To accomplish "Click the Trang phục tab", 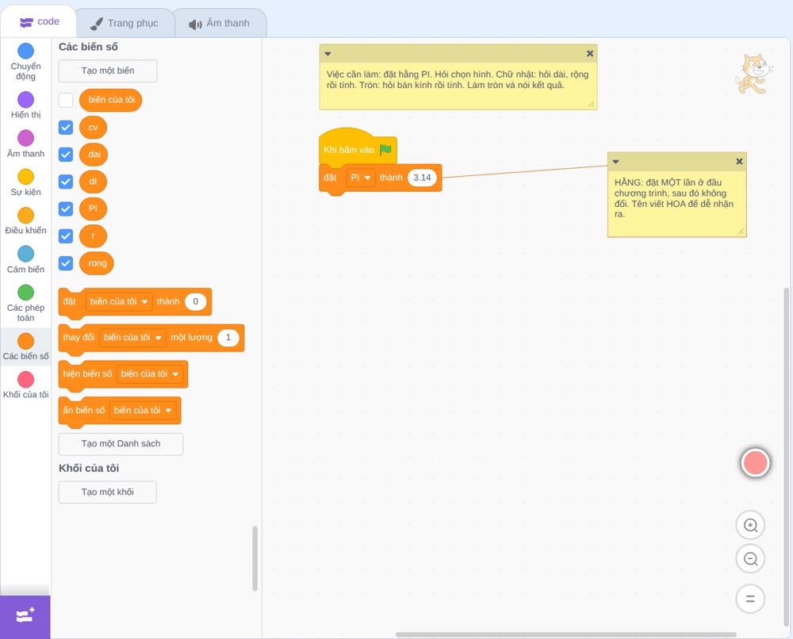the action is point(125,23).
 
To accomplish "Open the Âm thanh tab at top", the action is point(220,23).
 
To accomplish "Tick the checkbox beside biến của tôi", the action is point(66,100).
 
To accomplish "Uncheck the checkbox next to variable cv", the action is point(66,127).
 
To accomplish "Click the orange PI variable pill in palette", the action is point(93,209).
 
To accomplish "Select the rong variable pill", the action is point(97,263).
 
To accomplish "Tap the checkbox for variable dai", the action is point(66,154).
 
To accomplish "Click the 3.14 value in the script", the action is point(422,178).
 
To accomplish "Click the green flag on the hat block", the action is point(386,150).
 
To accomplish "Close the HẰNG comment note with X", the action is point(739,161).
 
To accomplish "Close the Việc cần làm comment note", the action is point(590,53).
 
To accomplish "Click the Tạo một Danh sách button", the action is point(121,444).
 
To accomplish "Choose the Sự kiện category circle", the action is point(26,177).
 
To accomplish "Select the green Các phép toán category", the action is point(26,293).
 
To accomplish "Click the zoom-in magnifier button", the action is point(750,526).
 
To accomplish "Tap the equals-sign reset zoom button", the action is point(750,599).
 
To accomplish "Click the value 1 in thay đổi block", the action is point(228,337).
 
